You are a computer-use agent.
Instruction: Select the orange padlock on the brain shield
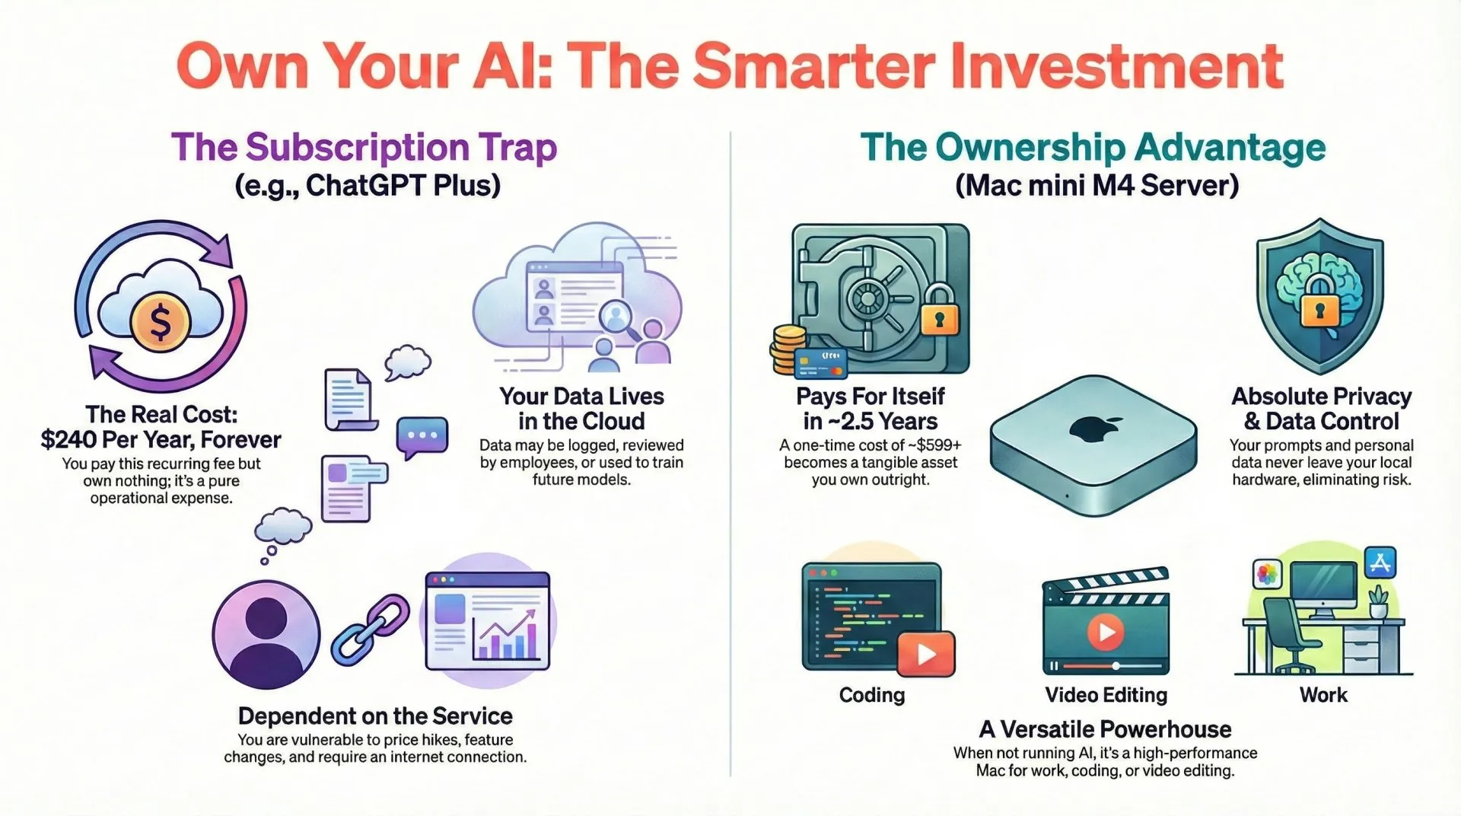tap(1319, 310)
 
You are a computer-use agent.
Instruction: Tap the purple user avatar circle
tap(266, 634)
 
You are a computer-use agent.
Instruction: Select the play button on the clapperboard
tap(1106, 631)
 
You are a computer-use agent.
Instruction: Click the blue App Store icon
tap(1380, 563)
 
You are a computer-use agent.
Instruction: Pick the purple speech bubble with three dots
tap(422, 436)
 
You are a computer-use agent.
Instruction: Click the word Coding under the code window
tap(872, 695)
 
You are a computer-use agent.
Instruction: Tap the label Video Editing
tap(1106, 695)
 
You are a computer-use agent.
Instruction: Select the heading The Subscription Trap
tap(364, 148)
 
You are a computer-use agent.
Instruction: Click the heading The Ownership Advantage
tap(1093, 148)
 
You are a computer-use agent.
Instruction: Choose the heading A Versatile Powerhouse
tap(1105, 729)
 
